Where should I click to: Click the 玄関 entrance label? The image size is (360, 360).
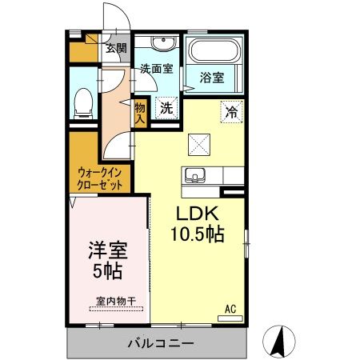pos(116,48)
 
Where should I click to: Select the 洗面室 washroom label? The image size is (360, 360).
pos(156,69)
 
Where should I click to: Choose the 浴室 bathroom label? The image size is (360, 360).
pos(212,79)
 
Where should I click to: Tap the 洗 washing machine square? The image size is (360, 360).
pos(166,106)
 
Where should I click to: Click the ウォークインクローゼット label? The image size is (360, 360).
pos(101,178)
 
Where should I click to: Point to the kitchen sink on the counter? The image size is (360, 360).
pos(195,174)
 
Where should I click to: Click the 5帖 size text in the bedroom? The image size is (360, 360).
pos(107,271)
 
